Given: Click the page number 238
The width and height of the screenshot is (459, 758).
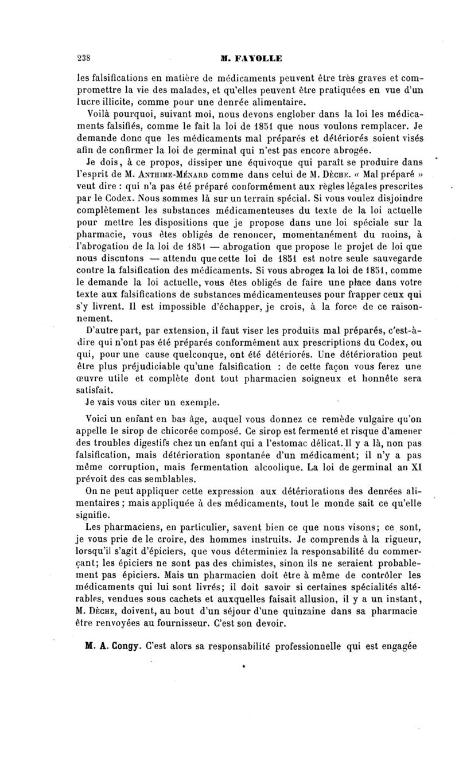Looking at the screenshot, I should [84, 58].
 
